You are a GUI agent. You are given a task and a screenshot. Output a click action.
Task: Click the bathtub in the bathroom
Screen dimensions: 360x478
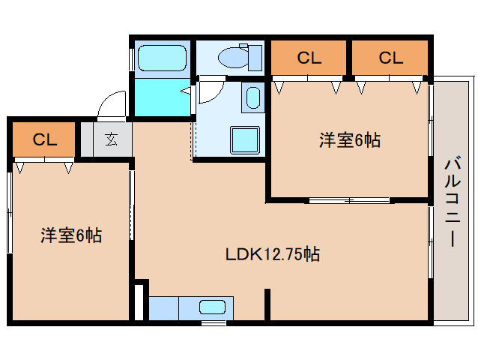pos(162,57)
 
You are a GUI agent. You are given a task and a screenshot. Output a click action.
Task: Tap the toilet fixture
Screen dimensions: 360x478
pos(238,55)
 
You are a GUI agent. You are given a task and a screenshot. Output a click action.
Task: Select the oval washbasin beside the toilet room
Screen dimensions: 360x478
pos(252,97)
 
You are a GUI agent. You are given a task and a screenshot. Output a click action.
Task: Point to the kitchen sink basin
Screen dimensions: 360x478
pos(212,307)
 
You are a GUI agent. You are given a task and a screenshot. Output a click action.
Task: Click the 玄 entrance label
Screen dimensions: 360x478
pos(111,139)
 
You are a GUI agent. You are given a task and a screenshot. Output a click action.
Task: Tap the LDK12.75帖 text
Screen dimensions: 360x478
pos(273,254)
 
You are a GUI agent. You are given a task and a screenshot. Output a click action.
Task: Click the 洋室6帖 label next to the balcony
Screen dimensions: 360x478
pos(349,139)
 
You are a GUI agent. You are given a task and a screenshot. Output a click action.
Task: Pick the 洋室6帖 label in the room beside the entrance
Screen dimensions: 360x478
pos(71,235)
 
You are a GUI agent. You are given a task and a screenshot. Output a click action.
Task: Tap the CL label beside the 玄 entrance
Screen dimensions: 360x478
pos(44,139)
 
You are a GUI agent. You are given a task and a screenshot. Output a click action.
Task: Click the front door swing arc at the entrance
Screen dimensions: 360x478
pos(111,103)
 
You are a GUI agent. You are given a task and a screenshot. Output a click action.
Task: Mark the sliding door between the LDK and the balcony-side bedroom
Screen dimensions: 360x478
pos(348,200)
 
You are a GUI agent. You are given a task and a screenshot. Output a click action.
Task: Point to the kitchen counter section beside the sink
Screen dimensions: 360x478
pos(163,307)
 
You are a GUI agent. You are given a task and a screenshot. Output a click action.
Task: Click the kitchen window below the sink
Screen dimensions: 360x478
pos(214,322)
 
